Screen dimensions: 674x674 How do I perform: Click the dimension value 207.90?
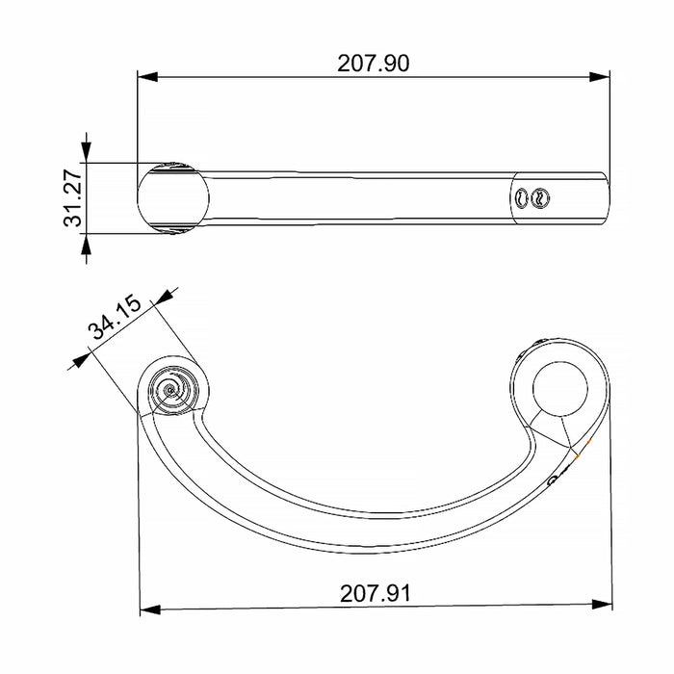[374, 64]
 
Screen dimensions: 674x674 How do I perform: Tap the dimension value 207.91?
[376, 594]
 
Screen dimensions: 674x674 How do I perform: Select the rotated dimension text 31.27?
[72, 197]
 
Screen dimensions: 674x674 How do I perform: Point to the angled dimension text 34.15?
[115, 317]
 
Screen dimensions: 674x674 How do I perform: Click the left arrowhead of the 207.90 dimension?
[147, 77]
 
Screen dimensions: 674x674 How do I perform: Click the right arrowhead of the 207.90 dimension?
[600, 77]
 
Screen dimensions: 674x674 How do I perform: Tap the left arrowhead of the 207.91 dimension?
[150, 609]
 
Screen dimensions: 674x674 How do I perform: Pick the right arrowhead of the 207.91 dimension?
[602, 605]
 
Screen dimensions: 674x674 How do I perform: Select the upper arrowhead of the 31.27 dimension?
[87, 152]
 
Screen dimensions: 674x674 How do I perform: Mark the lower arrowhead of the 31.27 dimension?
[87, 245]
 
